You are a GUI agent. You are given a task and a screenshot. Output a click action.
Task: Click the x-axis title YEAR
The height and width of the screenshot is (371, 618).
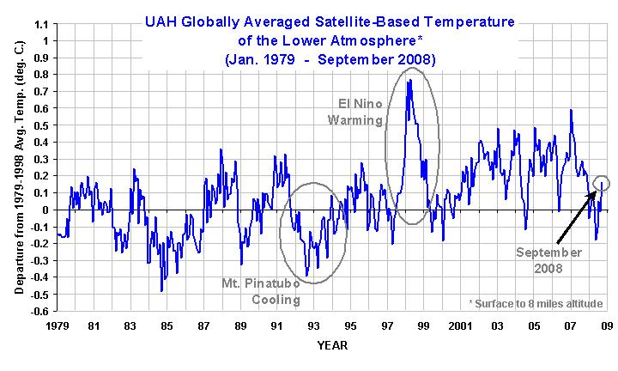tap(332, 345)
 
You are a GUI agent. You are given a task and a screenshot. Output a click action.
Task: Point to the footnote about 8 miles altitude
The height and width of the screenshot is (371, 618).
tap(536, 303)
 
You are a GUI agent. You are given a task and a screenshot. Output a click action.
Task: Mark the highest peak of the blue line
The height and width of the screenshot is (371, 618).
tap(410, 80)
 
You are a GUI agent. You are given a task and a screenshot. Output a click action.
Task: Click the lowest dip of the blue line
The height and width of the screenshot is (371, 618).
tap(161, 291)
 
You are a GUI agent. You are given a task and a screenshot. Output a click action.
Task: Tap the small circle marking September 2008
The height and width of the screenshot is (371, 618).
tap(602, 182)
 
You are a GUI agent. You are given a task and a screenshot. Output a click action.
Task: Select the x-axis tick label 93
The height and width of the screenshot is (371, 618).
tap(313, 326)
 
